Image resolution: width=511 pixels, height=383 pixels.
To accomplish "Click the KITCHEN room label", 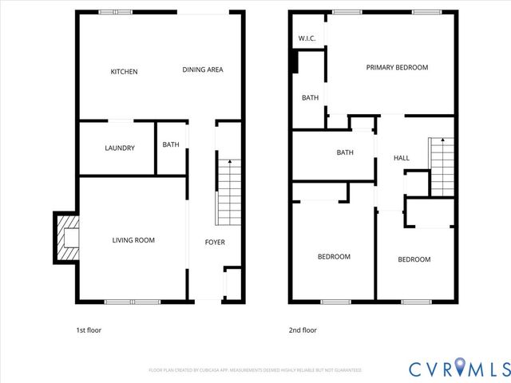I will coord(124,72).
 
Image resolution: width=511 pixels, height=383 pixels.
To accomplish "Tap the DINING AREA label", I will coord(202,70).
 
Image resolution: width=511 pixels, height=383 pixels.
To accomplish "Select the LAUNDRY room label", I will coord(120,148).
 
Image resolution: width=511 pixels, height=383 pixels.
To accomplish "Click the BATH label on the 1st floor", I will coord(171,144).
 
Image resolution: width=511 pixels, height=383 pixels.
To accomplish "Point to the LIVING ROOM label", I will coord(133,240).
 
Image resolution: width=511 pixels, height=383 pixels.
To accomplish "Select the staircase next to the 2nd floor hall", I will coord(441,165).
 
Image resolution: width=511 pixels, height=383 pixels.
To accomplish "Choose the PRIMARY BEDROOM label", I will coord(397,68).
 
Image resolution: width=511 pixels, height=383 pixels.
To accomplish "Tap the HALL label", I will coord(401,158).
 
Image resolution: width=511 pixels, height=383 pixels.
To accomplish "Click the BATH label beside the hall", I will coord(345,152).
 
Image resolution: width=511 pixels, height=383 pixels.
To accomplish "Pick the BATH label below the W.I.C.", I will coord(310,98).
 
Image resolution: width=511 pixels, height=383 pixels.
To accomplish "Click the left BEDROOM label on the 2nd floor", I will coord(334,257).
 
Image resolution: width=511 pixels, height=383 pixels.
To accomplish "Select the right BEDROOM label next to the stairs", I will coord(414,259).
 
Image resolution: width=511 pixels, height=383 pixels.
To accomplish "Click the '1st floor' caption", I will coord(88,330).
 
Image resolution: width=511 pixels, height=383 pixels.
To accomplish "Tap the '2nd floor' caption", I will coord(303,330).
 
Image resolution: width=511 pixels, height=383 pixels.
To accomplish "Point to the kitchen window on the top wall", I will coord(111,12).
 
